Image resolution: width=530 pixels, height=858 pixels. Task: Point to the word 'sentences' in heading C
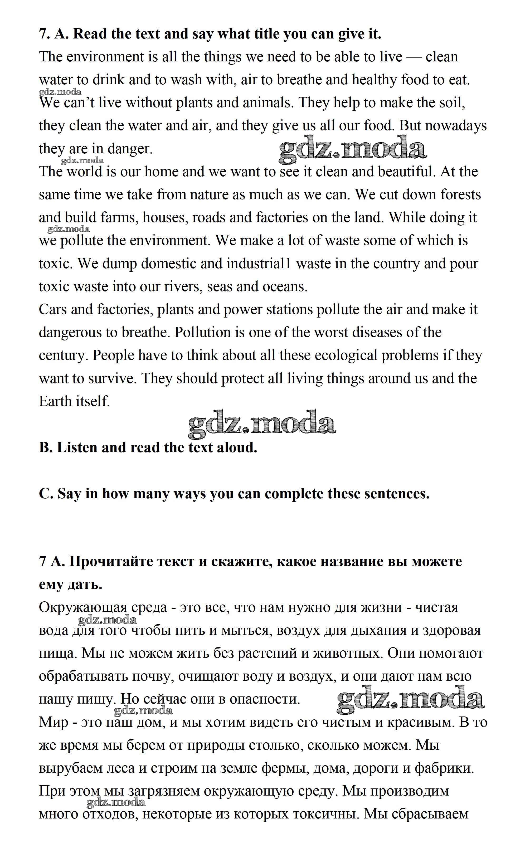click(x=396, y=494)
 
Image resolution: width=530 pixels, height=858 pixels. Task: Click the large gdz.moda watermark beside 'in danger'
click(x=352, y=150)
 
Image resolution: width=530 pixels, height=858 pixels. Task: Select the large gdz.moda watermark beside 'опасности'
click(x=410, y=700)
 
